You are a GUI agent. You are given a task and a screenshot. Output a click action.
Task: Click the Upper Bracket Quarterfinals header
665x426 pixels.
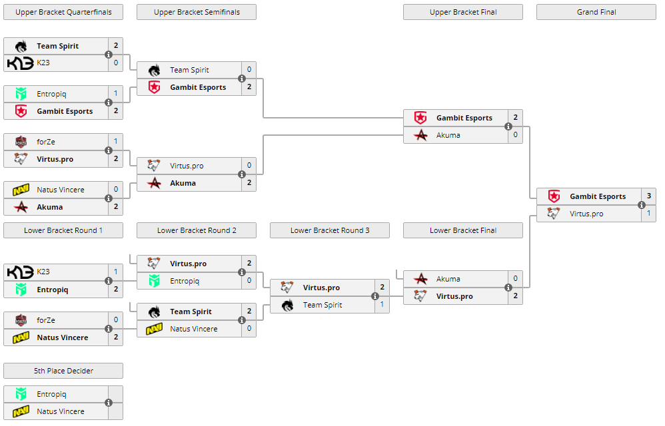tap(63, 12)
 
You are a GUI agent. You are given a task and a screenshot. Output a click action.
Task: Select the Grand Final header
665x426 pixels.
tap(596, 12)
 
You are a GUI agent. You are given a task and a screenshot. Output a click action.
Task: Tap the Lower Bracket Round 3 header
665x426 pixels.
tap(329, 230)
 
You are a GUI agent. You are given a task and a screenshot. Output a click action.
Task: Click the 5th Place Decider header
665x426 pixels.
tap(63, 371)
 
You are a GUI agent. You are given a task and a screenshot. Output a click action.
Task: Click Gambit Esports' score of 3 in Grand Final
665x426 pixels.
tap(648, 196)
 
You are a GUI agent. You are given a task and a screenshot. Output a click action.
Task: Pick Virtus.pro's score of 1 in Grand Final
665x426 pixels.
tap(648, 214)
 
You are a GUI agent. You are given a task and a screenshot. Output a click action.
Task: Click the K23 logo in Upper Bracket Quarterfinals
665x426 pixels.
tap(20, 63)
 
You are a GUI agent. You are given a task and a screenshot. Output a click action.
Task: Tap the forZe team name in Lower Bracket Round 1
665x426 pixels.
tap(46, 320)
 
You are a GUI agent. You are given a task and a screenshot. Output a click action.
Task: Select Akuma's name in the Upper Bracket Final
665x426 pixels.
tap(448, 135)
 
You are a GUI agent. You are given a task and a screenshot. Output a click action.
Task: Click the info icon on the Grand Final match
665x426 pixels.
tap(642, 205)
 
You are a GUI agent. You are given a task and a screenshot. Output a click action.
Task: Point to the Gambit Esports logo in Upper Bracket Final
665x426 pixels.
tap(420, 118)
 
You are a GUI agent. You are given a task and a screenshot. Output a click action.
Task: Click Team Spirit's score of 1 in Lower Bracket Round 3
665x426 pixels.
tap(382, 305)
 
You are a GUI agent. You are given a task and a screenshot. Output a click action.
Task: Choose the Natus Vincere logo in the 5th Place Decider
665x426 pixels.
tap(21, 411)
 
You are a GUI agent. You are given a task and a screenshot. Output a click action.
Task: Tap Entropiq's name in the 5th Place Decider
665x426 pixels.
tap(51, 394)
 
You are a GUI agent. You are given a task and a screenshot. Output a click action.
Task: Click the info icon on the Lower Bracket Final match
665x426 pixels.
tap(508, 288)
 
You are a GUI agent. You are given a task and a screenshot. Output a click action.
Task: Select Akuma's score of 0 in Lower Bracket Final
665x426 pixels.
tap(515, 279)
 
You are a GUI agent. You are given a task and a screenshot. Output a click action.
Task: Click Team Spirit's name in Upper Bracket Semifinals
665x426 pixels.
tap(189, 70)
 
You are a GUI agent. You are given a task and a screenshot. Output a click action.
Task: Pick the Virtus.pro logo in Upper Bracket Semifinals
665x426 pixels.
tap(154, 166)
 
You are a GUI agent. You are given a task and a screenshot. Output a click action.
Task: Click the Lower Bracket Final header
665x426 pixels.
tap(462, 230)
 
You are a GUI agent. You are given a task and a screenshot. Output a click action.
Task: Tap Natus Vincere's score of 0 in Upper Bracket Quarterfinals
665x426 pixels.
tap(115, 190)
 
